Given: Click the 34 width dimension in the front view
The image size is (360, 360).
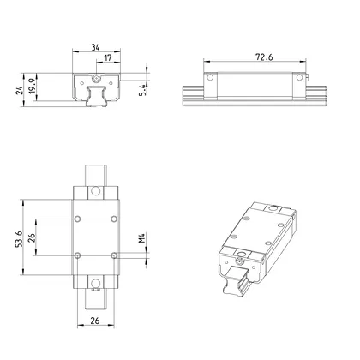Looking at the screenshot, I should (x=95, y=48).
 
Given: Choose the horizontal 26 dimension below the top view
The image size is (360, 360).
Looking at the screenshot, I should (x=95, y=323).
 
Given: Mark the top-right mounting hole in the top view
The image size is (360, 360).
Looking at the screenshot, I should (x=113, y=219).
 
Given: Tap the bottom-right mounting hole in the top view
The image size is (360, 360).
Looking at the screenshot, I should (x=113, y=255).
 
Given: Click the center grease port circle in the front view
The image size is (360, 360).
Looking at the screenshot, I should (x=95, y=79).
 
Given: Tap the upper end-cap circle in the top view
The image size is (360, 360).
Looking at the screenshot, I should (x=95, y=195).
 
